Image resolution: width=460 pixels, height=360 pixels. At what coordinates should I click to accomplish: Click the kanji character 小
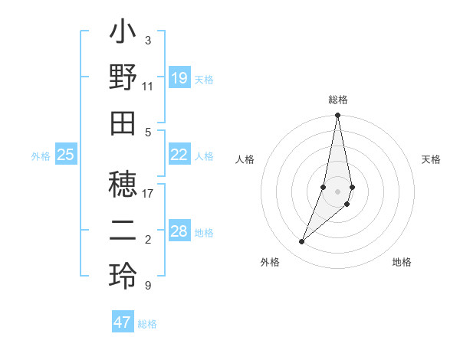tap(123, 34)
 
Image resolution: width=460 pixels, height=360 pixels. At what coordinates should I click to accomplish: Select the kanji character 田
tap(123, 120)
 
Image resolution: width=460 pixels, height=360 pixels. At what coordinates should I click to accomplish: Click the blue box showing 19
tap(179, 78)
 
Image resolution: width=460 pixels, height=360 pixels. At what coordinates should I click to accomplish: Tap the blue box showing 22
tap(179, 155)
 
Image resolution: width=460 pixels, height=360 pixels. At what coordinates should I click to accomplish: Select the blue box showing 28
tap(179, 231)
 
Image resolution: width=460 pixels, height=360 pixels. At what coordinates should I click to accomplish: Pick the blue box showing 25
tap(65, 155)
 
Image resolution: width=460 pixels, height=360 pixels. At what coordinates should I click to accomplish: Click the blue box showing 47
tap(123, 322)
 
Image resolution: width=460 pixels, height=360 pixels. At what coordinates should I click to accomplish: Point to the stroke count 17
tap(148, 193)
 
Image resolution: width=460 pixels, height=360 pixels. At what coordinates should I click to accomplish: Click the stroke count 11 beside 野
tap(148, 86)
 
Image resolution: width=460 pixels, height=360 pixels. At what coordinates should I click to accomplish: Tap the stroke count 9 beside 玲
tap(148, 286)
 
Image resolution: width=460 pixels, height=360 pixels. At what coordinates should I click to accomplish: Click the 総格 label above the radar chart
tap(338, 100)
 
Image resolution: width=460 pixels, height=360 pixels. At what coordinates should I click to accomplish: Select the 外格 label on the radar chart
tap(270, 262)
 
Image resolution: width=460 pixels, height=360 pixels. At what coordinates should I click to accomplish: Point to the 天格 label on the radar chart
tap(431, 159)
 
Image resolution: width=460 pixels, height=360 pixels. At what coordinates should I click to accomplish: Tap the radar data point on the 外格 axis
tap(302, 242)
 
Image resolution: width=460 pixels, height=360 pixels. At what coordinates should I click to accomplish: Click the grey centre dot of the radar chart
tap(338, 191)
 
